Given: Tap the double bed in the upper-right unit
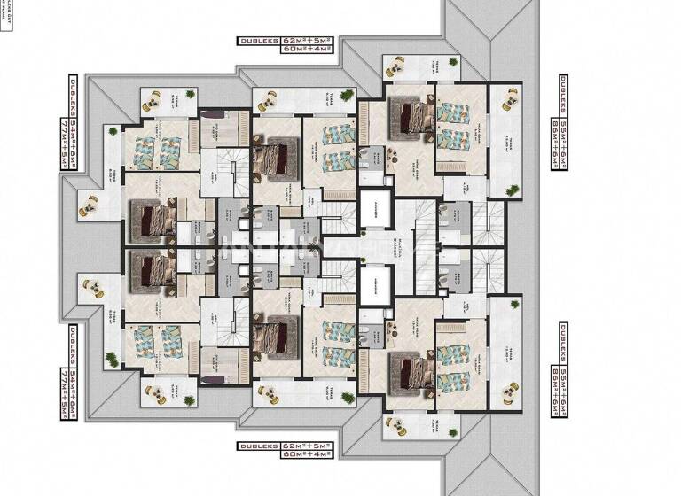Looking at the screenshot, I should (410, 118).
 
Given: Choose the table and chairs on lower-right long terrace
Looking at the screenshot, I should (509, 389).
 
